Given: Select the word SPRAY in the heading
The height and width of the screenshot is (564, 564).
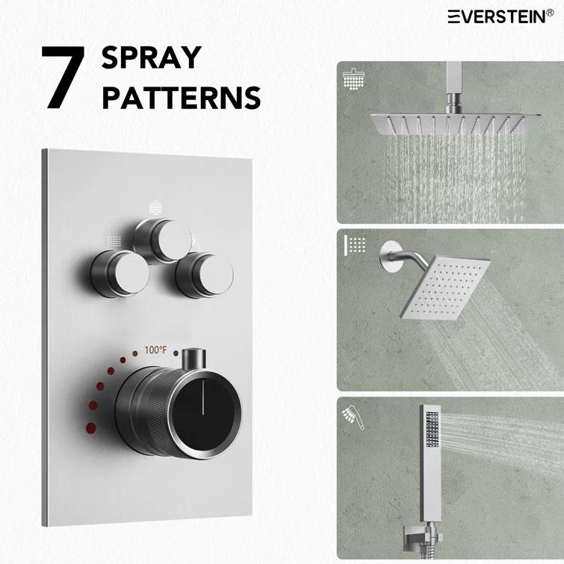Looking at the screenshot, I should [152, 58].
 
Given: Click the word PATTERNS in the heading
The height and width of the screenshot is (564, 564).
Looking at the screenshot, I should [181, 98].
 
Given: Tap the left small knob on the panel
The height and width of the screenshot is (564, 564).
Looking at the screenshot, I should [117, 273].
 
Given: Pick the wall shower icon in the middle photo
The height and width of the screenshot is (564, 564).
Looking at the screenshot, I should [354, 245].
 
